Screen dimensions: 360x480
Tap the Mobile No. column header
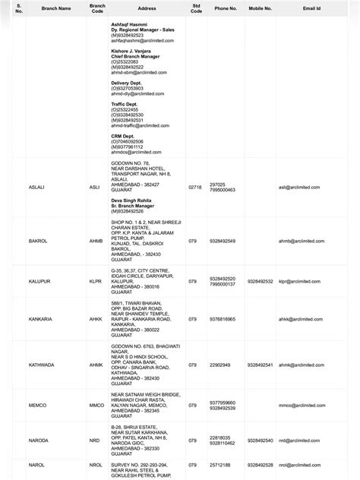(259, 8)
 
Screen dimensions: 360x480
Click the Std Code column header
(196, 8)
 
